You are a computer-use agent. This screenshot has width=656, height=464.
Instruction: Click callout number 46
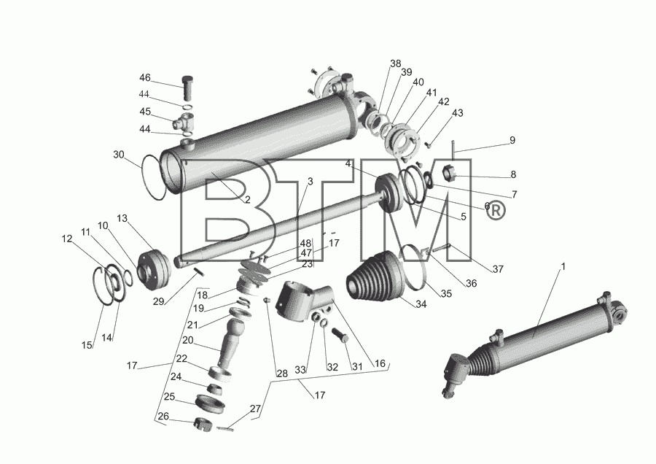[x=145, y=78]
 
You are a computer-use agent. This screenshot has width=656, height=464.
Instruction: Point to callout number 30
[x=119, y=155]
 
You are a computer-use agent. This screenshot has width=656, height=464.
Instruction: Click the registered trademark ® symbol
[x=496, y=210]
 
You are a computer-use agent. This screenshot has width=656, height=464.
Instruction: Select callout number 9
[x=512, y=140]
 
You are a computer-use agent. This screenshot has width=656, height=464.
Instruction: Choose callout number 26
[x=163, y=417]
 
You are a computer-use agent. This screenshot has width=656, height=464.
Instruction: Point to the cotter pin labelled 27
[x=225, y=428]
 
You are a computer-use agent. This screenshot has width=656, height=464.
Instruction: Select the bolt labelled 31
[x=341, y=335]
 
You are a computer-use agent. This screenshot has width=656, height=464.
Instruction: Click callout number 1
[x=563, y=266]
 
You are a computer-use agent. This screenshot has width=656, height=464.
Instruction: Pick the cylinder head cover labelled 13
[x=154, y=270]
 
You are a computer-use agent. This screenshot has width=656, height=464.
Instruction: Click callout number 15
[x=87, y=345]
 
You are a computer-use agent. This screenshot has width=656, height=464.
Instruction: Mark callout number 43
[x=458, y=113]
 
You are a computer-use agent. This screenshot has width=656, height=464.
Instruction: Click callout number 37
[x=498, y=269]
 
